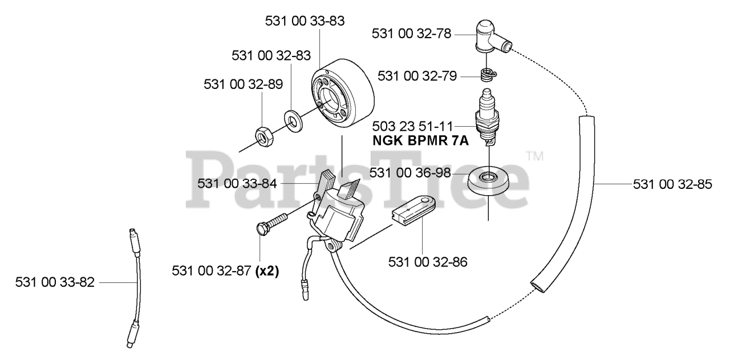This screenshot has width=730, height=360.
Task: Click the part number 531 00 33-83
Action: (x=305, y=21)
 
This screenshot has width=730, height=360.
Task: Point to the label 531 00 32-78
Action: (x=411, y=34)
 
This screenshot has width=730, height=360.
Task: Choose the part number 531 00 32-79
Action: (x=417, y=75)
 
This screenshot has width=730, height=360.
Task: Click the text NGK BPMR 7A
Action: (x=420, y=141)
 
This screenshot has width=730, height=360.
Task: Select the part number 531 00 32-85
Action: (x=672, y=185)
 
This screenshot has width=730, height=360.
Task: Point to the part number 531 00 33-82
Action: (x=55, y=282)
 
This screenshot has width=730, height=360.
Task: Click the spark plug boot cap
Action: (x=488, y=34)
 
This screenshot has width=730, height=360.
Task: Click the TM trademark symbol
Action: (x=534, y=155)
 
